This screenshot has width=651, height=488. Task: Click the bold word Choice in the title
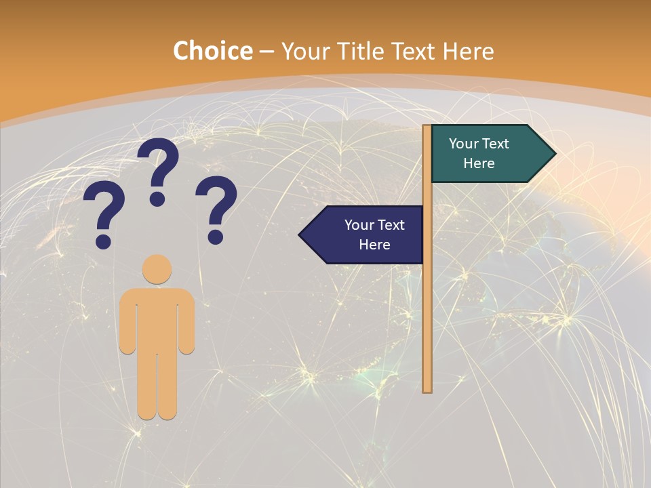pyautogui.click(x=212, y=52)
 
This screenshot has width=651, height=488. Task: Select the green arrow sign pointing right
pyautogui.click(x=488, y=154)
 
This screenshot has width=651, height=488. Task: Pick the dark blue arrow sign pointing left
pyautogui.click(x=366, y=235)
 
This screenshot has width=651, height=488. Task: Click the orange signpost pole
pyautogui.click(x=427, y=305)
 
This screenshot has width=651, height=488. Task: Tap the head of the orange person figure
pyautogui.click(x=157, y=269)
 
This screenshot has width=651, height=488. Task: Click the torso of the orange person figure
pyautogui.click(x=157, y=319)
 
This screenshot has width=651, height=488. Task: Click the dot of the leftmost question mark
pyautogui.click(x=103, y=241)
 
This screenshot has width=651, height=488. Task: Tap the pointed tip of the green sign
pyautogui.click(x=554, y=154)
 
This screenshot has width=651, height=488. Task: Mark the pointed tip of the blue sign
pyautogui.click(x=300, y=235)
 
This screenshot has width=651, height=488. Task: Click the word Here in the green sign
pyautogui.click(x=479, y=163)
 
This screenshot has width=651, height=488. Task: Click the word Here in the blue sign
pyautogui.click(x=374, y=245)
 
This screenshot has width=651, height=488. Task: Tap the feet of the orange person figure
pyautogui.click(x=157, y=412)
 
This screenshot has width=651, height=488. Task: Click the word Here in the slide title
pyautogui.click(x=468, y=52)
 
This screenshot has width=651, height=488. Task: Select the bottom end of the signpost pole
pyautogui.click(x=427, y=389)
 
